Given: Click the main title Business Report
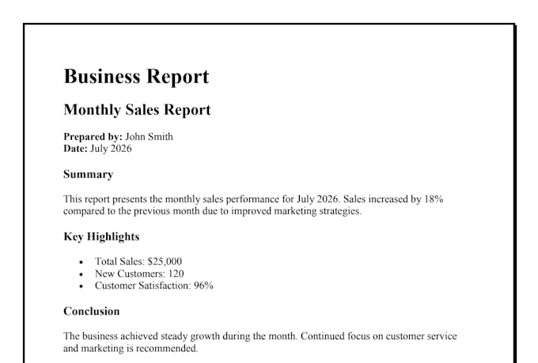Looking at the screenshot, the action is pyautogui.click(x=136, y=76).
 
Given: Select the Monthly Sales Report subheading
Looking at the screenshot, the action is pyautogui.click(x=137, y=110).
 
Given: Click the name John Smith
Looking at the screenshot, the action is pyautogui.click(x=149, y=137).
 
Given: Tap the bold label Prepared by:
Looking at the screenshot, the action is pyautogui.click(x=93, y=137).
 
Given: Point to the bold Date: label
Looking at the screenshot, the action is pyautogui.click(x=75, y=149).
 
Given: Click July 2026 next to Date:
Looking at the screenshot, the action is pyautogui.click(x=111, y=149).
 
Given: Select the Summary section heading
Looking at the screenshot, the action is pyautogui.click(x=88, y=174).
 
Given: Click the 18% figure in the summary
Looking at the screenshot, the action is pyautogui.click(x=434, y=199).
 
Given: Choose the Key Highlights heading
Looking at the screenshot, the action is pyautogui.click(x=101, y=236).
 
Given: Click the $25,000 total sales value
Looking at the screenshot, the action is pyautogui.click(x=165, y=262).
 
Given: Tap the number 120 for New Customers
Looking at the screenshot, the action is pyautogui.click(x=176, y=274).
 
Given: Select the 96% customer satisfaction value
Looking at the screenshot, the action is pyautogui.click(x=203, y=285).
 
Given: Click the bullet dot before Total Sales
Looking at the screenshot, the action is pyautogui.click(x=81, y=263).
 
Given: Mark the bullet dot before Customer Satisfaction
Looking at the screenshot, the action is pyautogui.click(x=81, y=286).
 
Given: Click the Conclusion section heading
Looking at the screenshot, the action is pyautogui.click(x=92, y=311).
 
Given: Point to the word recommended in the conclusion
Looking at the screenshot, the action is pyautogui.click(x=167, y=349).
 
